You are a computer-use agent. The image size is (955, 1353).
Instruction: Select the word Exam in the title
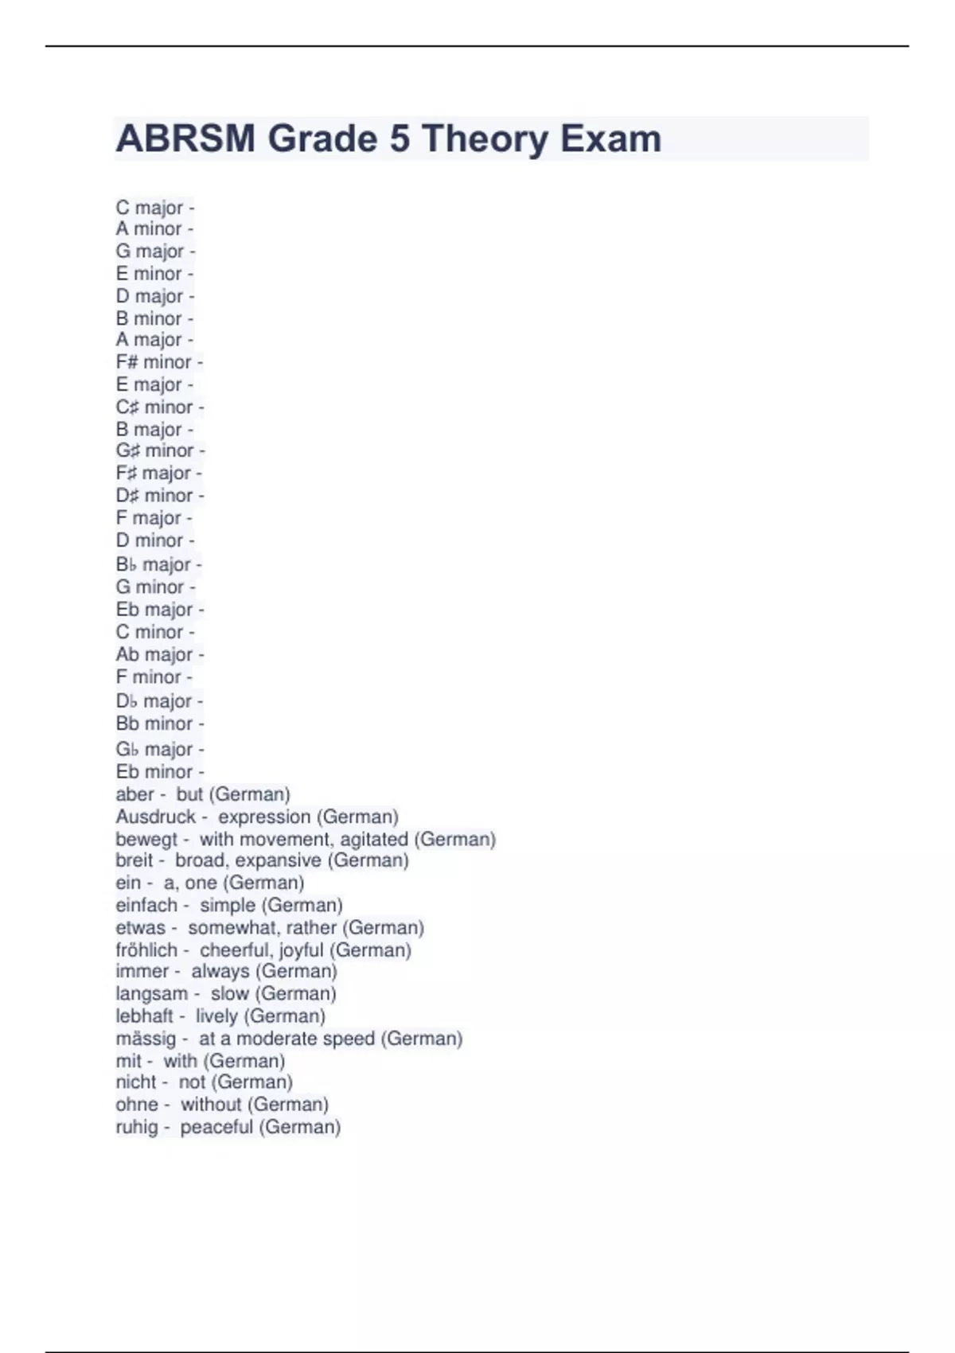(610, 138)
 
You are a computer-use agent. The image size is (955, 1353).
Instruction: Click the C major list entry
(150, 208)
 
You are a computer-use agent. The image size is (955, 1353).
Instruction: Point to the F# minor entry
(154, 362)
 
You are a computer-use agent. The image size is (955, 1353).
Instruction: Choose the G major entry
(150, 251)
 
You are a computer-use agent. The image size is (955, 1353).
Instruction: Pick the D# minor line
(154, 495)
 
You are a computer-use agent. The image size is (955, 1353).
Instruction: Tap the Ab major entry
(154, 654)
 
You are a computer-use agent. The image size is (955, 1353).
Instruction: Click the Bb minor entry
(154, 723)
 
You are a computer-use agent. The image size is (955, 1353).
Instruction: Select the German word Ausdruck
(155, 817)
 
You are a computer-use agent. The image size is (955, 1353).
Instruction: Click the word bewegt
(146, 839)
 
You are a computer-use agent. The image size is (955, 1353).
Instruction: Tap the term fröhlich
(146, 949)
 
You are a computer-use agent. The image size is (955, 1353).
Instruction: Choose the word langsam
(151, 993)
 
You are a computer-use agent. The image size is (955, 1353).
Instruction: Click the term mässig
(146, 1039)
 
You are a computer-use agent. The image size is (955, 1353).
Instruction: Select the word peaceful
(216, 1127)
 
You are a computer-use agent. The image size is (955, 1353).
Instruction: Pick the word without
(210, 1105)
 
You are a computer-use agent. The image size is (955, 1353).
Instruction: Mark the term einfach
(146, 905)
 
